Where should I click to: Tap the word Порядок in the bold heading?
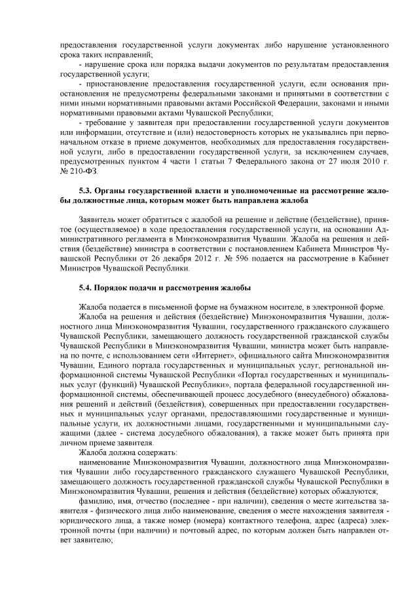119,288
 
